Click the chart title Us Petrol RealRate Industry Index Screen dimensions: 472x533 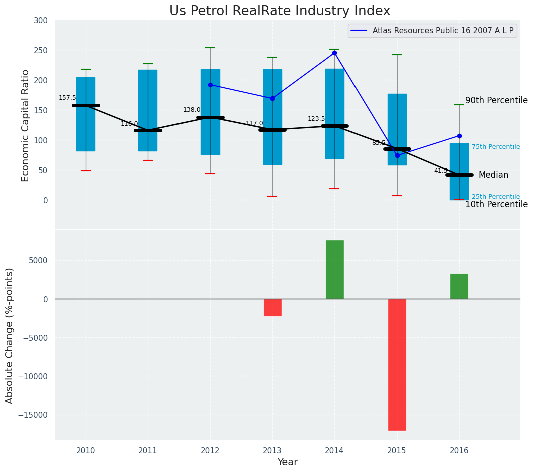279,11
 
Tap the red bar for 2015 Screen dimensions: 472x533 397,364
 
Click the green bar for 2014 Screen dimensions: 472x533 334,269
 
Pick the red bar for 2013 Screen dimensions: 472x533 272,307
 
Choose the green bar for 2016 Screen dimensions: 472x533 459,286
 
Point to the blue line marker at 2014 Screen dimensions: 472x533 334,53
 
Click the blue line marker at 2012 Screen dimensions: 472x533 210,85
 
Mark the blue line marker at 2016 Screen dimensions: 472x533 459,136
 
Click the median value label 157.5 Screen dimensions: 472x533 67,98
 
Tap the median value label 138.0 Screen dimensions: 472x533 192,110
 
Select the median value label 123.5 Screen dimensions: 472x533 316,119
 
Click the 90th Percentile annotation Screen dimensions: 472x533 496,100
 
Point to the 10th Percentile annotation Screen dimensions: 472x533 496,204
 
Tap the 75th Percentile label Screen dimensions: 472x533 495,147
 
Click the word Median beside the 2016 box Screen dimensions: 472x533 493,175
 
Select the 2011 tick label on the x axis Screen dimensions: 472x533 148,450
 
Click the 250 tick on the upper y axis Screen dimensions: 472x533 41,50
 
